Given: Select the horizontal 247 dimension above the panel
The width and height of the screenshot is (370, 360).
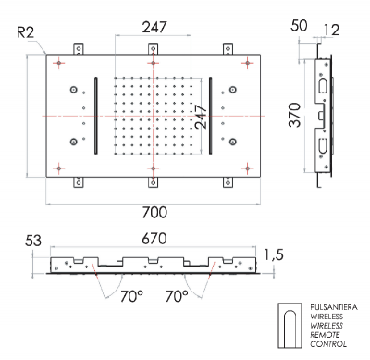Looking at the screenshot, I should coord(154,29).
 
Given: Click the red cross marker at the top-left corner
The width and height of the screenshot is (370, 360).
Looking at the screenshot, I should coord(61,63).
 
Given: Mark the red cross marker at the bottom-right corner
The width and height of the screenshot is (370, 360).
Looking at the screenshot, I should coord(248,168).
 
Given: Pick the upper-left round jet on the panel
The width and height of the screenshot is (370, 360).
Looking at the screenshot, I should coord(73,90).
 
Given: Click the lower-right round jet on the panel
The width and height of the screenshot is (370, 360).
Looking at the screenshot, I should coord(234,142).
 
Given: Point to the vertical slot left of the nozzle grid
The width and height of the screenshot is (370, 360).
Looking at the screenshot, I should coord(97,116).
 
